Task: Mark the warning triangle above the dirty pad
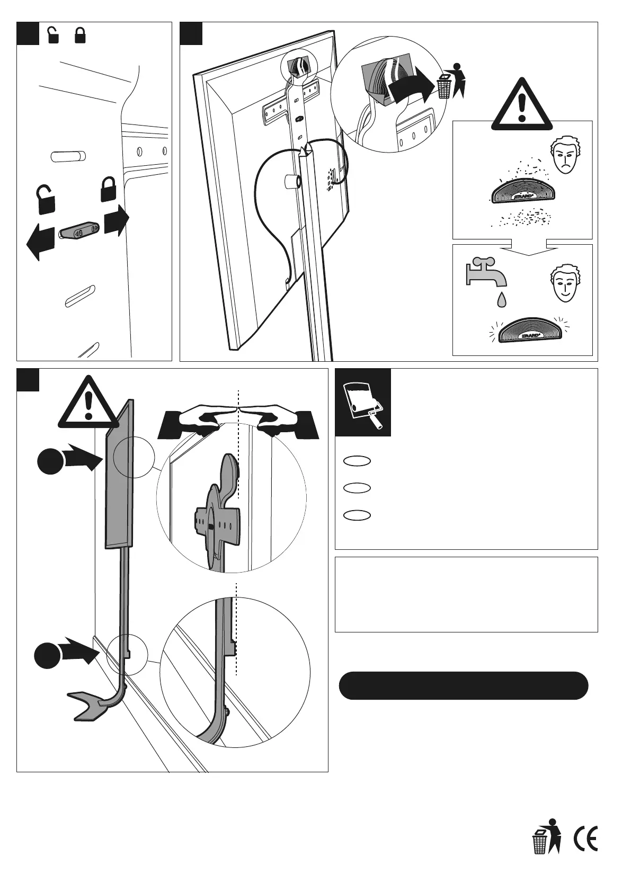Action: coord(522,105)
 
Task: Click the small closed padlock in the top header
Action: coord(80,35)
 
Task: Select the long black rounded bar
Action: coord(463,686)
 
